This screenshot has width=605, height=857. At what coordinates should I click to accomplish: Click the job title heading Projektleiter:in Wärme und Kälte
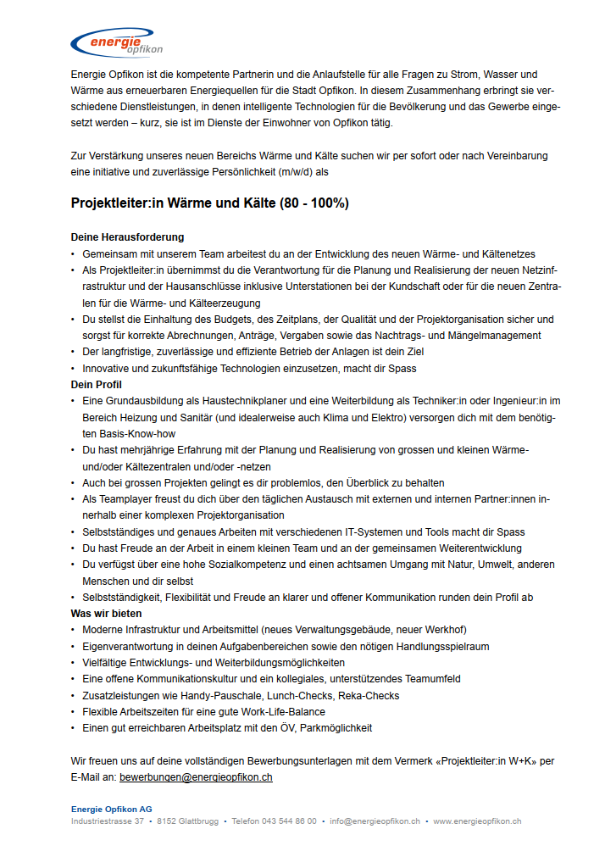tap(209, 203)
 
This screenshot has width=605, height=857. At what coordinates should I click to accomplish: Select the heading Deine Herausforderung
tap(127, 237)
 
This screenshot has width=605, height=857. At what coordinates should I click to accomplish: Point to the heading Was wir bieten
tap(106, 613)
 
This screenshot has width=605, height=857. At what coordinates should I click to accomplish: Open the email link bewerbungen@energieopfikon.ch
tap(196, 776)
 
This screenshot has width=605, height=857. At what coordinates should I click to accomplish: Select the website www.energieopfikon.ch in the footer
tap(477, 821)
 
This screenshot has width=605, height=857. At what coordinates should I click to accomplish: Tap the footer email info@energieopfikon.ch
tap(375, 821)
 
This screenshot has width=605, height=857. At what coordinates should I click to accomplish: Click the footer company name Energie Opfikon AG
tap(112, 810)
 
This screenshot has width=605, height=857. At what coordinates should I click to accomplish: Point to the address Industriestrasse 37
tap(108, 821)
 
